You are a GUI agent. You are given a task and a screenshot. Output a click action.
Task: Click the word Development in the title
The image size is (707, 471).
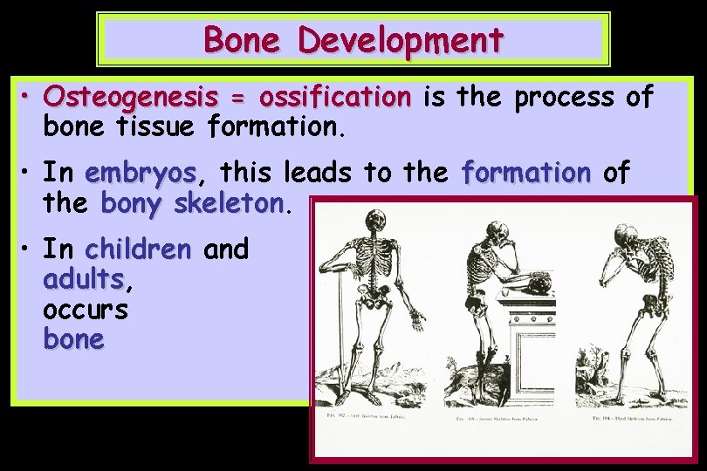click(401, 39)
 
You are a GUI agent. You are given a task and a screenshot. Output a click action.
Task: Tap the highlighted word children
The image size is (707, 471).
click(138, 249)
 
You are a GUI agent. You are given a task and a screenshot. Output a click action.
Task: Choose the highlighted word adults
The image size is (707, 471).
click(85, 280)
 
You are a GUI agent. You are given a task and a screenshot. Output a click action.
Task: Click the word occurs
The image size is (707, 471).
click(86, 310)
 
